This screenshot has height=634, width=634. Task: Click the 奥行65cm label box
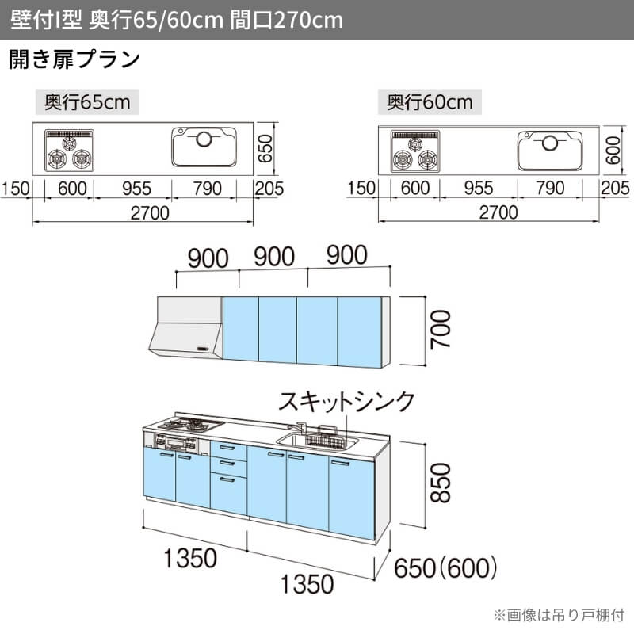click(x=87, y=102)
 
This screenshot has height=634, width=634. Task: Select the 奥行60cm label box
click(x=430, y=102)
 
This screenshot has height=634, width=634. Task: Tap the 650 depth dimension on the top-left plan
click(x=265, y=149)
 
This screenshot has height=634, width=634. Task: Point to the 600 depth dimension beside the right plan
click(x=613, y=150)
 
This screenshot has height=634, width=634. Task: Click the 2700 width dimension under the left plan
click(x=150, y=213)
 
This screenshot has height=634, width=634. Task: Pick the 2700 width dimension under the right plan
click(x=498, y=212)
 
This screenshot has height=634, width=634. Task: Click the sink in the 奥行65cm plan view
click(x=204, y=147)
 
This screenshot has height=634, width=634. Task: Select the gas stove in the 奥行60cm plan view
click(x=415, y=151)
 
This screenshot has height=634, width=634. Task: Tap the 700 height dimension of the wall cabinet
click(x=441, y=330)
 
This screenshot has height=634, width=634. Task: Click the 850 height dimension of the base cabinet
click(x=441, y=483)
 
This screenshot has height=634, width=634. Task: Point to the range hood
click(x=185, y=327)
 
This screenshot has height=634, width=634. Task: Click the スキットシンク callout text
click(x=346, y=402)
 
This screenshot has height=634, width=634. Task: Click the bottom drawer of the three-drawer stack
click(x=228, y=495)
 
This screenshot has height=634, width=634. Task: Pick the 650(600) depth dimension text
click(x=445, y=567)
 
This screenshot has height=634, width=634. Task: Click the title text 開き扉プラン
click(x=74, y=59)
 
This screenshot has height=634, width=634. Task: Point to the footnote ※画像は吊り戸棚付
click(x=559, y=615)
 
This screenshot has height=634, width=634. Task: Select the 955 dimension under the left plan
click(x=136, y=189)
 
